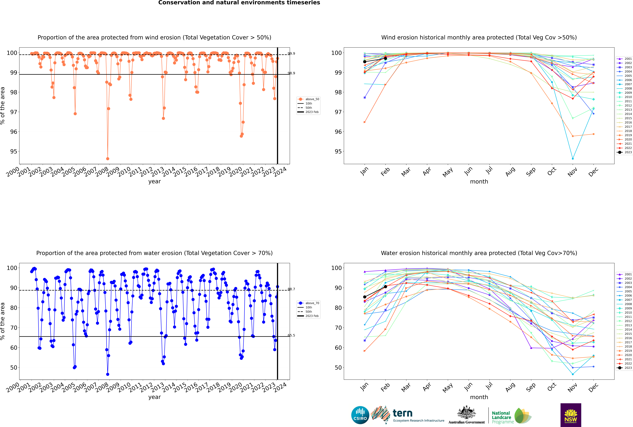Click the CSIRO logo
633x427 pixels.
(360, 415)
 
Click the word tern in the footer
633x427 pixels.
(403, 413)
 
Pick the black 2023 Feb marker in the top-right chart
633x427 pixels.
(385, 59)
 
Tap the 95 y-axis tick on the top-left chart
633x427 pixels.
(13, 151)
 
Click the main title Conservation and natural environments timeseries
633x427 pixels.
(239, 3)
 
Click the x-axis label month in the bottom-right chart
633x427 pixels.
(479, 397)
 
